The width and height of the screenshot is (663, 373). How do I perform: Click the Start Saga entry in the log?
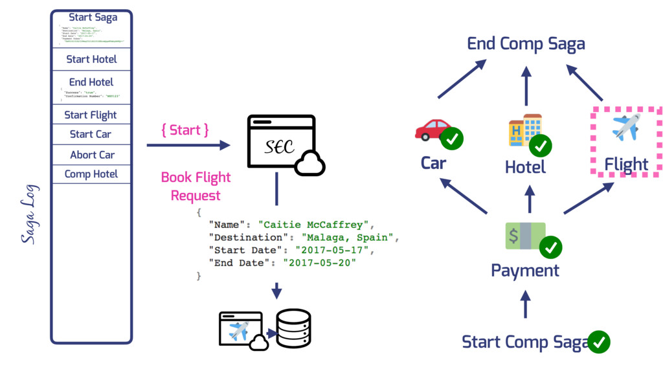93,17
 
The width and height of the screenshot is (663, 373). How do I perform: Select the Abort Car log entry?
92,155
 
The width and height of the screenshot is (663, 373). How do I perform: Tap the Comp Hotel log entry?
91,174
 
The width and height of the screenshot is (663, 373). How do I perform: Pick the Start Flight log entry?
91,115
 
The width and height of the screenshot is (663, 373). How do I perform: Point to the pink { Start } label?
185,130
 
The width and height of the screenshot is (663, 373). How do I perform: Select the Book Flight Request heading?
196,186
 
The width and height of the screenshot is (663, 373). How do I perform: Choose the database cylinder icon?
293,329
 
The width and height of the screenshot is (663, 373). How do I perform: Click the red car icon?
433,130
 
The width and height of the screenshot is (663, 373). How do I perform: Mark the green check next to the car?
452,139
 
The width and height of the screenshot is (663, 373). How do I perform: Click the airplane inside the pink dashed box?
625,127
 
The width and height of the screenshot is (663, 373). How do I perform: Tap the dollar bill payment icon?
525,236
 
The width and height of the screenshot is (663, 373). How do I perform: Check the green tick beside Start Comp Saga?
598,341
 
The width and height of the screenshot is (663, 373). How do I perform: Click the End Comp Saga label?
526,43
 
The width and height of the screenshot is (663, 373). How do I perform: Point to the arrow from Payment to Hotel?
530,199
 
